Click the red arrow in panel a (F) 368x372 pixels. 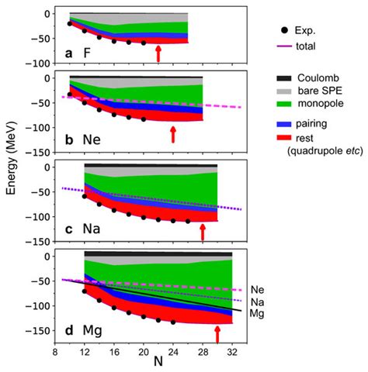158,53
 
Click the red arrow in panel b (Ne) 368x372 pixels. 173,134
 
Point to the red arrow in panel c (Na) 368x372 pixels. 203,231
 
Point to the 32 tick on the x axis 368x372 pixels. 231,350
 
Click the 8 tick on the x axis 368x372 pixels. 55,350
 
